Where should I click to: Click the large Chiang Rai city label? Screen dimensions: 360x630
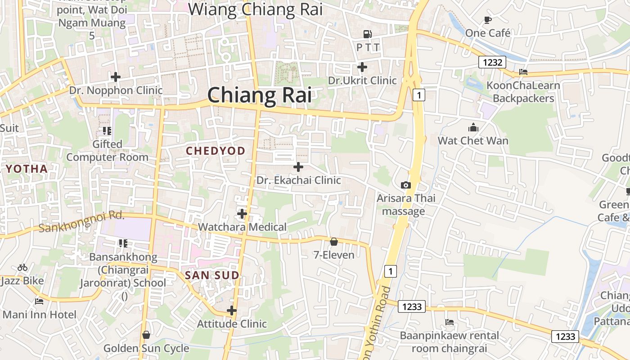tap(259, 95)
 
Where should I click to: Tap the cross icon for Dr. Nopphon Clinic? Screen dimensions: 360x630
tap(116, 77)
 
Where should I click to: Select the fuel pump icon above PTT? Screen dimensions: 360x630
tap(368, 34)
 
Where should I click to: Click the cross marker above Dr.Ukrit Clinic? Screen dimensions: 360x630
tap(362, 67)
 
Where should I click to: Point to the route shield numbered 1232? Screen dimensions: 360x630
tap(492, 62)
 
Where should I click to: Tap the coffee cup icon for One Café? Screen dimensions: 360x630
tap(488, 20)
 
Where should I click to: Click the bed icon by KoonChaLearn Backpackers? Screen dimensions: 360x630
tap(523, 72)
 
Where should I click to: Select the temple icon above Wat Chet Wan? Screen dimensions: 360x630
tap(473, 127)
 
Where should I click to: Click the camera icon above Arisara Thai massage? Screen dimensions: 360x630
tap(406, 185)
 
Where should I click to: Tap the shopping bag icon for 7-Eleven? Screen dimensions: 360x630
tap(334, 242)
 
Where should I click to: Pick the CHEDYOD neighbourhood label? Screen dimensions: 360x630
tap(216, 151)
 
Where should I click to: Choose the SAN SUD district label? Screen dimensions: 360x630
tap(212, 275)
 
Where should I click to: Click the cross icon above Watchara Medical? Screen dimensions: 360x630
tap(242, 213)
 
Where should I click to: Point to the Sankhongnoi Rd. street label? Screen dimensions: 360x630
tap(81, 221)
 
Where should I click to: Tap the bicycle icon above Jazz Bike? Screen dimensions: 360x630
tap(22, 268)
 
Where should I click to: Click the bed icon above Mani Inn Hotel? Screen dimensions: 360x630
tap(39, 301)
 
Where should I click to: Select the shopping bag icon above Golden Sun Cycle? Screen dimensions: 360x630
tap(146, 335)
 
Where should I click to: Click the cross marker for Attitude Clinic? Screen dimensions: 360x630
tap(232, 310)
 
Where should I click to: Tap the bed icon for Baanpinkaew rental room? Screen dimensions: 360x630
tap(449, 322)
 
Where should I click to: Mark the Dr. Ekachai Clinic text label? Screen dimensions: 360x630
tap(299, 180)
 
